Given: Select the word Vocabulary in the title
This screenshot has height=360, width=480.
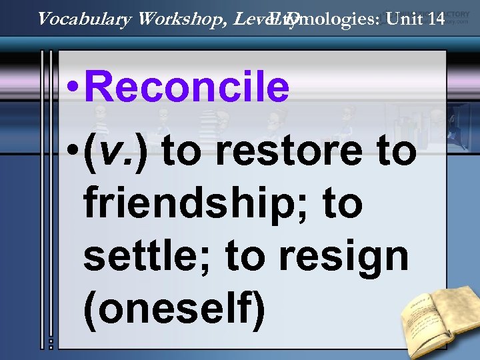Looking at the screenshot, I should click(85, 19).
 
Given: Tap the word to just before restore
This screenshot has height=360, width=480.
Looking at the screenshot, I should click(181, 151).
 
